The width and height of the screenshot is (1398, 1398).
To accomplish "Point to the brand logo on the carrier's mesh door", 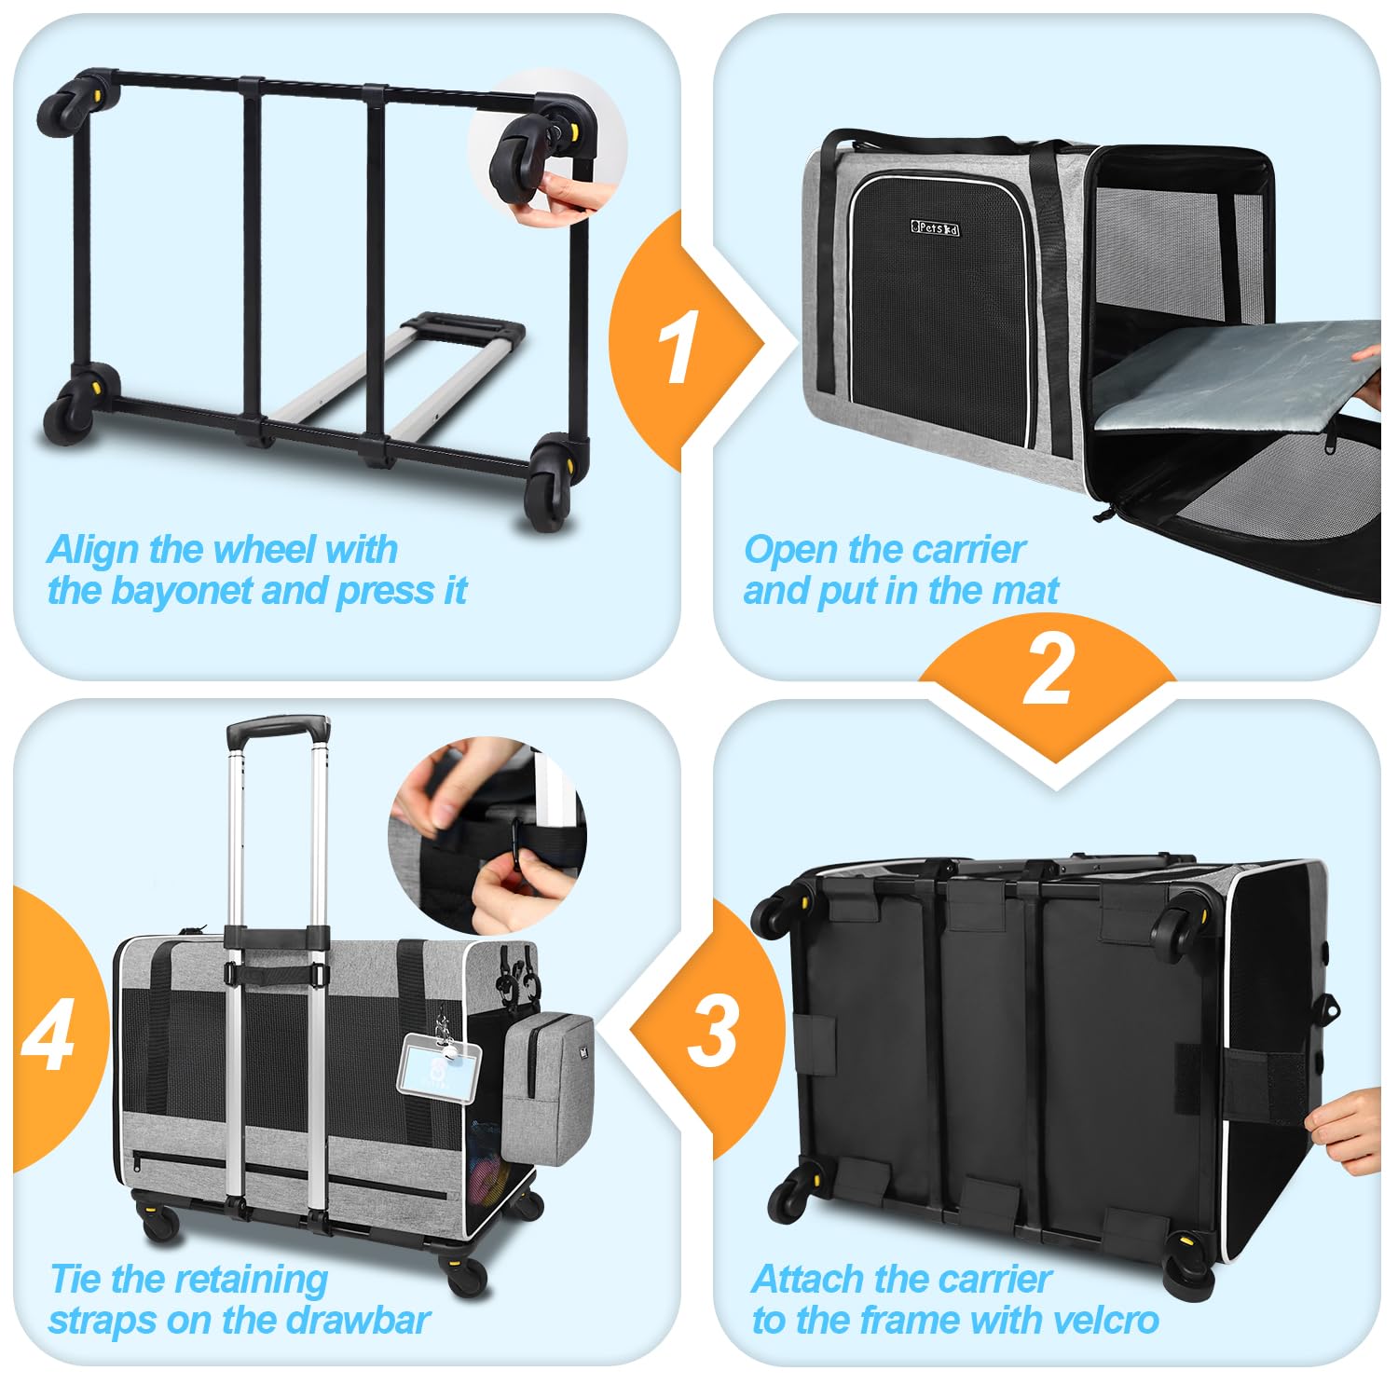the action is click(934, 228).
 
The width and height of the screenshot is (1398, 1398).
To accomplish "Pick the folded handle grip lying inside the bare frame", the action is click(463, 328).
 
